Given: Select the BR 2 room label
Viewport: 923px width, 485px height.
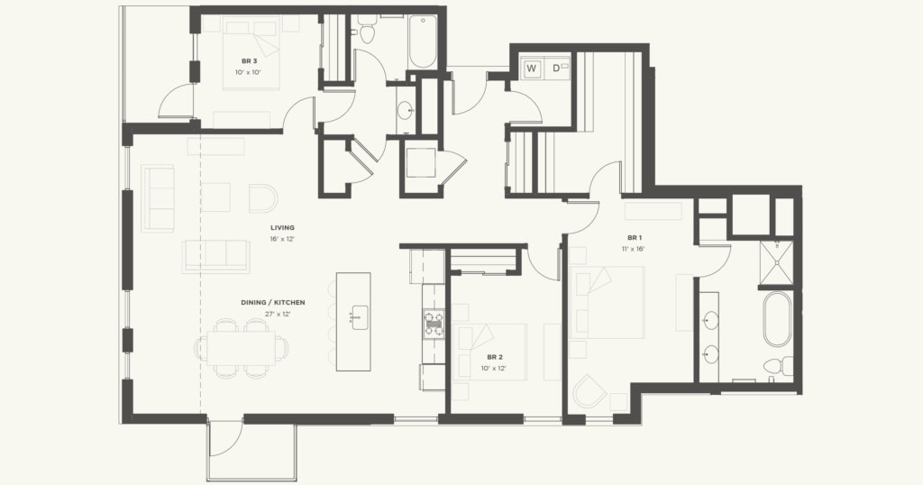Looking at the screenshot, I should point(495,357).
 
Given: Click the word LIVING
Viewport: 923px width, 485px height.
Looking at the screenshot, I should point(282,227).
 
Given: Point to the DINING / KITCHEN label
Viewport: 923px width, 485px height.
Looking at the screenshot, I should point(272,302).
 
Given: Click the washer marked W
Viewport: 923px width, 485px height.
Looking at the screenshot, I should point(532,68).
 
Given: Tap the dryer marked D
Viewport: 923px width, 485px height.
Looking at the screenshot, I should point(556,68).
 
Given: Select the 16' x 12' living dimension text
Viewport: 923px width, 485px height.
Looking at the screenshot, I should point(282,239).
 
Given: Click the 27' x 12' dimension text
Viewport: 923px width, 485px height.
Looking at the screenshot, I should point(278,314).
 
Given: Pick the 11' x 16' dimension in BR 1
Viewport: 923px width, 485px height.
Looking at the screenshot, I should point(633,248).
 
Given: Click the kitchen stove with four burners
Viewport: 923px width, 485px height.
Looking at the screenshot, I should point(434,323).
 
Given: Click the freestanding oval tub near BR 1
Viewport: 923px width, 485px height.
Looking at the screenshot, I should point(777,318).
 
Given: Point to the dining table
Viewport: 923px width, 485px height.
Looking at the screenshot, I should point(239,347).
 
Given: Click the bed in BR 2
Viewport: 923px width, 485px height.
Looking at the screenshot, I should point(491,352).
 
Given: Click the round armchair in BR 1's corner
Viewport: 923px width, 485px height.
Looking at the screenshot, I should point(589,391).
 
